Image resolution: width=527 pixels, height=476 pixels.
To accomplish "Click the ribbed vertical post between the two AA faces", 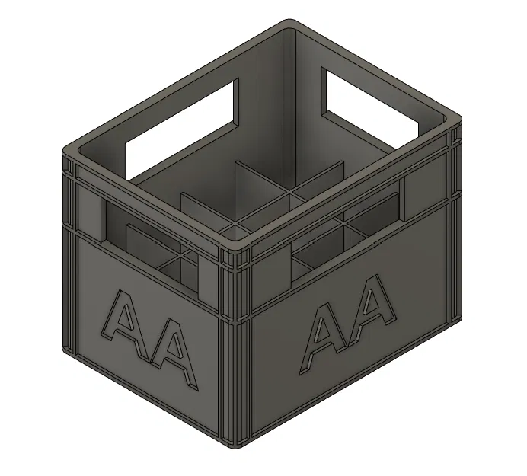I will pyautogui.click(x=238, y=343).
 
